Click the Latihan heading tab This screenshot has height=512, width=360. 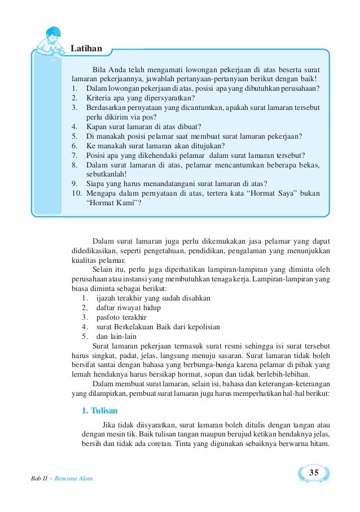(x=86, y=49)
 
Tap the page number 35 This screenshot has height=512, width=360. (x=314, y=471)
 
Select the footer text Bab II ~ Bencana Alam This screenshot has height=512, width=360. (x=62, y=478)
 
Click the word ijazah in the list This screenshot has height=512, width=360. (x=107, y=298)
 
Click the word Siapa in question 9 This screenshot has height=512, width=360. (x=96, y=183)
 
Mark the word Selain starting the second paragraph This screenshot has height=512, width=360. (x=102, y=269)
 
